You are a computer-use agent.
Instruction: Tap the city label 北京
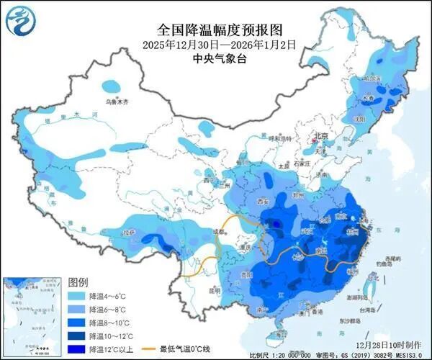tap(320, 136)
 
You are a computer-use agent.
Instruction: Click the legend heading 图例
tap(78, 281)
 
